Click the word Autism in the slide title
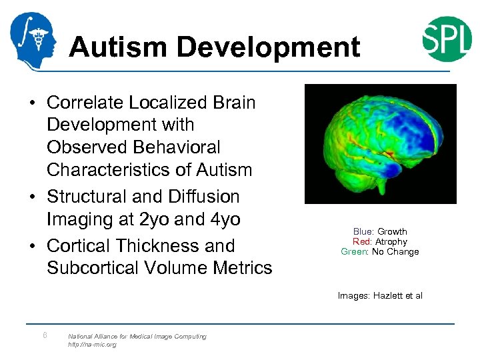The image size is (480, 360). pyautogui.click(x=118, y=47)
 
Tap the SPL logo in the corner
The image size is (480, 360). pyautogui.click(x=447, y=39)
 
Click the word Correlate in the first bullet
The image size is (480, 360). pyautogui.click(x=83, y=103)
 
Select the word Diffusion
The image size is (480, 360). pyautogui.click(x=206, y=197)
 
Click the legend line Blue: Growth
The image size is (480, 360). pyautogui.click(x=380, y=232)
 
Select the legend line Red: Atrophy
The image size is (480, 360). pyautogui.click(x=380, y=242)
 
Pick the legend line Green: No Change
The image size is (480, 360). pyautogui.click(x=380, y=252)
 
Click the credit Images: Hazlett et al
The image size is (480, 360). pyautogui.click(x=380, y=296)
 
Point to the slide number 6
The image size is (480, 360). pyautogui.click(x=44, y=335)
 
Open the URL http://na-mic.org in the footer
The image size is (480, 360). pyautogui.click(x=92, y=345)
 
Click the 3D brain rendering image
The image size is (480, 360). pyautogui.click(x=380, y=143)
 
